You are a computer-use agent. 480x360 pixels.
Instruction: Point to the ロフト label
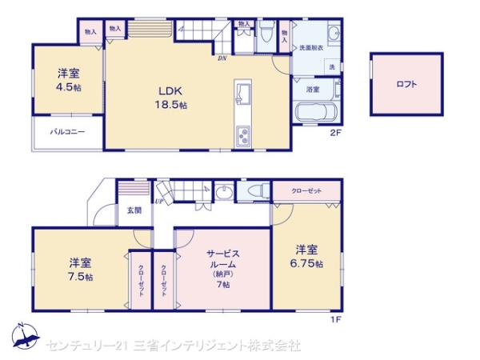[x=406, y=84]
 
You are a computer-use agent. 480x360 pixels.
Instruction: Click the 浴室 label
[x=312, y=90]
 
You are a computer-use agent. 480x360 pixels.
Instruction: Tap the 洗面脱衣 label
[x=311, y=48]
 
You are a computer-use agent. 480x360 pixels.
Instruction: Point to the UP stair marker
[x=160, y=201]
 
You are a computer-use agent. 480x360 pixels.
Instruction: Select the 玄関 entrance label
[x=133, y=210]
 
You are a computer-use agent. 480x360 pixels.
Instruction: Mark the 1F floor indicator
[x=336, y=320]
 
